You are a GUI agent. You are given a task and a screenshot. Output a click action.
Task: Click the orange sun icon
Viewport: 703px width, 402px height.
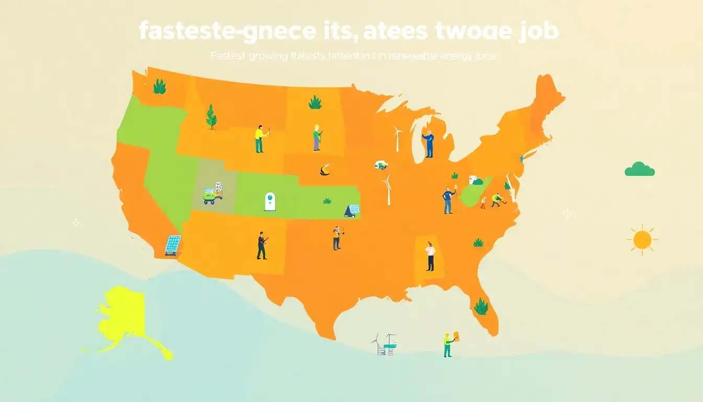642,240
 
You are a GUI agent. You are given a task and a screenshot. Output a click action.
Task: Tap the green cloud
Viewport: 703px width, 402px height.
640,169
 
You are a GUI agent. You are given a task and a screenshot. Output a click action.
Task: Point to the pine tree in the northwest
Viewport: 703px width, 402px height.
211,117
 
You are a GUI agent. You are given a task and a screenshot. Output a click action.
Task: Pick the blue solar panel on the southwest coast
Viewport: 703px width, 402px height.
173,244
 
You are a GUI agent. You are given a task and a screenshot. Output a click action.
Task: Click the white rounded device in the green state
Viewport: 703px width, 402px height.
269,202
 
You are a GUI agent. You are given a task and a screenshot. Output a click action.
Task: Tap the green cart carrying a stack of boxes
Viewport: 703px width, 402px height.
213,193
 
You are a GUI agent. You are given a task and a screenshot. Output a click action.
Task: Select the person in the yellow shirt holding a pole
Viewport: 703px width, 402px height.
260,139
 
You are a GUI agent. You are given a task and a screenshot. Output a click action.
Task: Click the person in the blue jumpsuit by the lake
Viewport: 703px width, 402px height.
428,144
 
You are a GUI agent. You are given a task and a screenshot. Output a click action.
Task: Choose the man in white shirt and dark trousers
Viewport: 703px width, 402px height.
430,256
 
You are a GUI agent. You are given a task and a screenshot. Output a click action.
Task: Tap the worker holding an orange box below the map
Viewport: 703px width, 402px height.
448,344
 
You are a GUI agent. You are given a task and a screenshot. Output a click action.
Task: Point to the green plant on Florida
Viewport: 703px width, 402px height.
480,306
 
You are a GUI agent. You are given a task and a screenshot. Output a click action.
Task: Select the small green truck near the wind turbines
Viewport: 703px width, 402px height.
381,165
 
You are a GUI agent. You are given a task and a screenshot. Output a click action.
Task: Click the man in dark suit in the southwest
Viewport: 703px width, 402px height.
262,245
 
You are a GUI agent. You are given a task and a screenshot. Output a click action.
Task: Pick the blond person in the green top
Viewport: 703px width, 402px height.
317,138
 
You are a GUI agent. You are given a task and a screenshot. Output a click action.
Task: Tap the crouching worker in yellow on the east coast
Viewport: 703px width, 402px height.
496,199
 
